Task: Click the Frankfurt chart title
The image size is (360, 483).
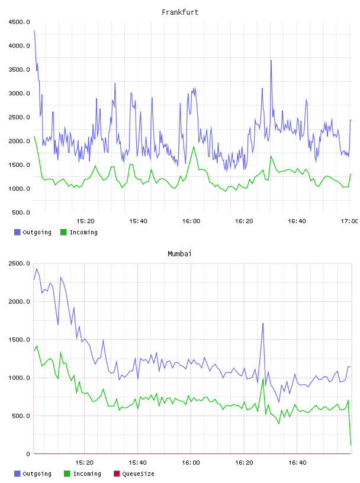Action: [180, 12]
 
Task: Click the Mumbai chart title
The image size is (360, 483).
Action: [179, 254]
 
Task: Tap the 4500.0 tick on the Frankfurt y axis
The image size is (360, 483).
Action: [19, 22]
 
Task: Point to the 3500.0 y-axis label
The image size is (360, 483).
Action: [19, 70]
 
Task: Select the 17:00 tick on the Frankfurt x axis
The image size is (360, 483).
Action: [349, 221]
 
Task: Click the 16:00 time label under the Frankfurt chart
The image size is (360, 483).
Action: [191, 221]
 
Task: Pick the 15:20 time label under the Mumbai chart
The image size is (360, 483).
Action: [85, 463]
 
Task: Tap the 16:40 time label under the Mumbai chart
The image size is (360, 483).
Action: [297, 463]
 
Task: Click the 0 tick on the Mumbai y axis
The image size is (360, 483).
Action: [28, 454]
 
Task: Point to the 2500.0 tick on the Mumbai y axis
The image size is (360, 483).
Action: [19, 263]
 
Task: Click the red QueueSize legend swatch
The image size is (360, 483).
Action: [117, 474]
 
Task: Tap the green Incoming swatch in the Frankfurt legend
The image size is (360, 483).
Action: [63, 232]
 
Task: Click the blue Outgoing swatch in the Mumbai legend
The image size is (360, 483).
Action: [17, 474]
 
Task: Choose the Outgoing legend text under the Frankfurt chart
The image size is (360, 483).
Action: [37, 232]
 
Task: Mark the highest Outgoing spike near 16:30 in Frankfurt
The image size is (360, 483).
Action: [271, 60]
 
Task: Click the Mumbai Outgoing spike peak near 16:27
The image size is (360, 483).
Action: [263, 323]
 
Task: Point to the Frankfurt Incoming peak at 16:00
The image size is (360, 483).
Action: [194, 147]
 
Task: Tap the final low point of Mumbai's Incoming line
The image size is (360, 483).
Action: [351, 445]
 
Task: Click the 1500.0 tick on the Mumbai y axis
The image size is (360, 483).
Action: [19, 340]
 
